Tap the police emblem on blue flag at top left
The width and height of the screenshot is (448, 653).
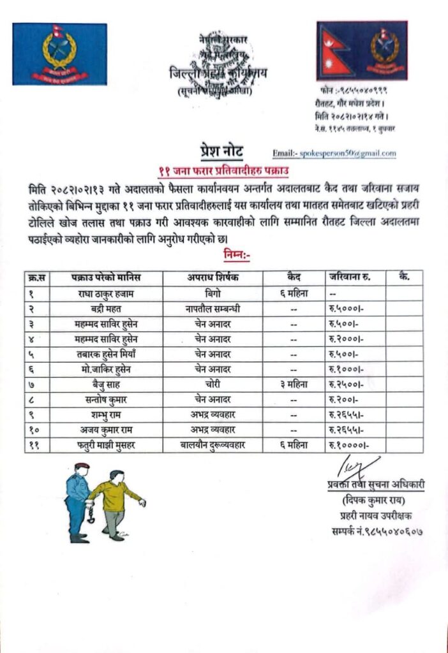59,54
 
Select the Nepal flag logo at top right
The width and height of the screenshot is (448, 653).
361,50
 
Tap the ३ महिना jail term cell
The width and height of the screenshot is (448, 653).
294,385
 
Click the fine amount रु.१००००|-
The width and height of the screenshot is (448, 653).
348,445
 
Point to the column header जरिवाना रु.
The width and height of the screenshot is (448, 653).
350,277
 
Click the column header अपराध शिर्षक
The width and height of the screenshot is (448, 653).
213,277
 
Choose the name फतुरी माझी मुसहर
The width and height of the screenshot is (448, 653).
106,445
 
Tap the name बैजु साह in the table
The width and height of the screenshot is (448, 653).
106,385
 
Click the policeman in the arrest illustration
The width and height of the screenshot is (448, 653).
77,501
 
